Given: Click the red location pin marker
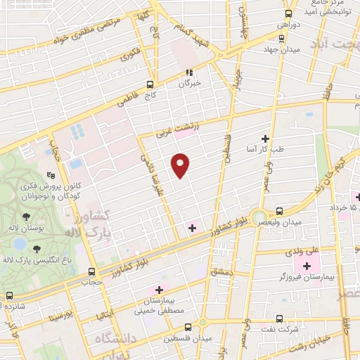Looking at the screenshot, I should click(181, 165).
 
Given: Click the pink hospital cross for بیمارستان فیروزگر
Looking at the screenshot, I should click(306, 266).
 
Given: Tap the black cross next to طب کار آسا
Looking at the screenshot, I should click(265, 139).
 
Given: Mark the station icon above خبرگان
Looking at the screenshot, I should click(188, 72).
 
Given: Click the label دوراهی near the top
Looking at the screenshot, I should click(289, 25).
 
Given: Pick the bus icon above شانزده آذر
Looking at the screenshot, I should click(8, 296).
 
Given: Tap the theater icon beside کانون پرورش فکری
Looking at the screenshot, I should click(50, 176).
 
